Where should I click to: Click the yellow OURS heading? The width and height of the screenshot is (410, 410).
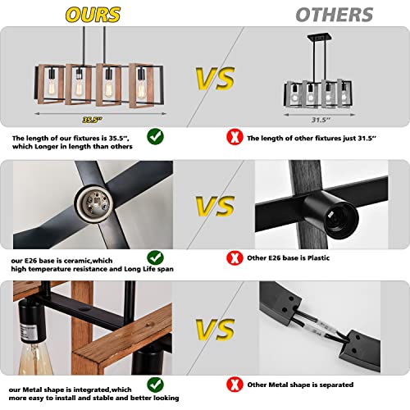(93, 15)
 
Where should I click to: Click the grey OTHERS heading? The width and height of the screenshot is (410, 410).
(335, 15)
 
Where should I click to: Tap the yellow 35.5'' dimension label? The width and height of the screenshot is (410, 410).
(92, 120)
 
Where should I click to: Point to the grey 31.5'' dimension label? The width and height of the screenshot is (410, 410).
(321, 120)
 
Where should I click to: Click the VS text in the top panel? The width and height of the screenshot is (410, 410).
(215, 79)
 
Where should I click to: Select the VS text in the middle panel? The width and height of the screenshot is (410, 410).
(215, 206)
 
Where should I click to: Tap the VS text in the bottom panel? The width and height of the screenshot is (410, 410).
(215, 329)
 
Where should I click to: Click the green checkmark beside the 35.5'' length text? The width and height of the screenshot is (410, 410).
(155, 136)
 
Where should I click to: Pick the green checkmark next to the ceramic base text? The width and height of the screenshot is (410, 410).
(155, 257)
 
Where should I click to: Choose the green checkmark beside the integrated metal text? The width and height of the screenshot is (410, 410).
(155, 385)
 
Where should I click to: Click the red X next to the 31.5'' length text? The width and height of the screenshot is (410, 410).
(235, 137)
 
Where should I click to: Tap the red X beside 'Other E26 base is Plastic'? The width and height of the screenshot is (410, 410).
(235, 258)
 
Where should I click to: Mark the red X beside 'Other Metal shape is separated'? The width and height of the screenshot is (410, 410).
(235, 385)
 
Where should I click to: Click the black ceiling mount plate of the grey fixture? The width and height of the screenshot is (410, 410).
(320, 37)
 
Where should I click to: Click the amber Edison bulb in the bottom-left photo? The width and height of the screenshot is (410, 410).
(35, 358)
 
